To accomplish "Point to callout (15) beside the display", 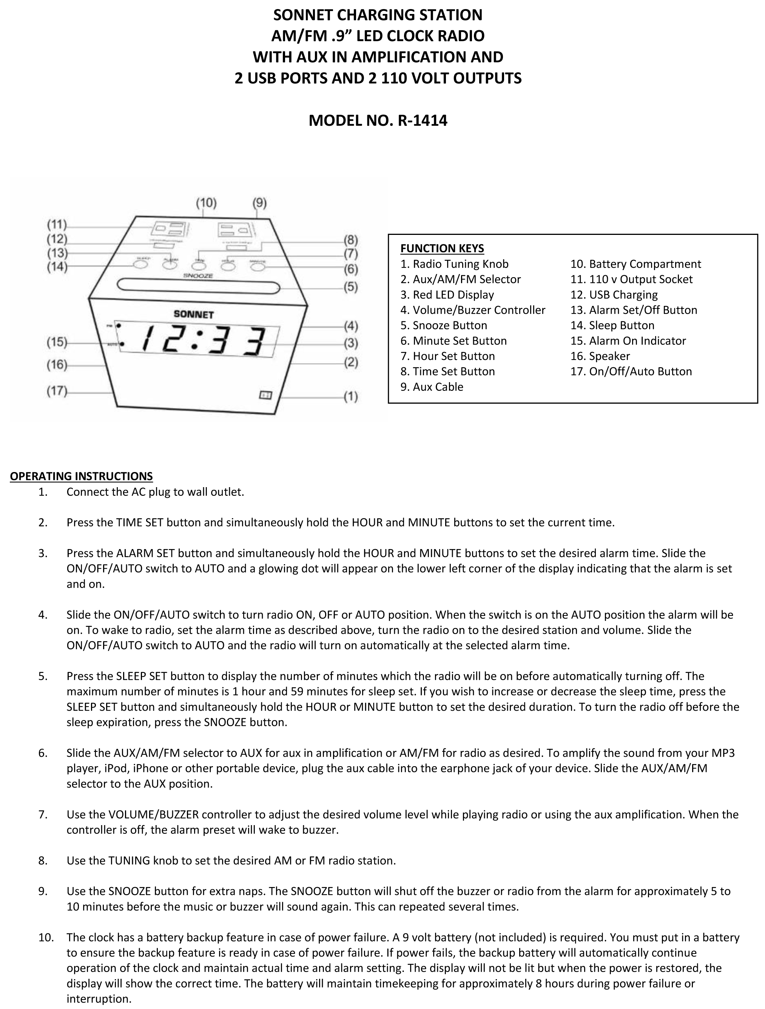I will (x=57, y=342).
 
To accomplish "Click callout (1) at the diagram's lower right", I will (x=350, y=397).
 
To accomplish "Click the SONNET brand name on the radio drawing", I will (x=193, y=314).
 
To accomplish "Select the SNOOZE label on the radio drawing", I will (x=198, y=276).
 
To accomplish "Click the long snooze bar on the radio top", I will (x=199, y=286).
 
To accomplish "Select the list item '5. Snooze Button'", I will (x=443, y=325).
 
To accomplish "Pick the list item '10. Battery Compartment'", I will (x=635, y=264).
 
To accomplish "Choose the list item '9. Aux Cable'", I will (x=432, y=387).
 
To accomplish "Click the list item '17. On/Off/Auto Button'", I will (x=631, y=371).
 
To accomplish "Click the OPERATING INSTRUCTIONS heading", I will (x=81, y=476).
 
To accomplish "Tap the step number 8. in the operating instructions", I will (x=43, y=860).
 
